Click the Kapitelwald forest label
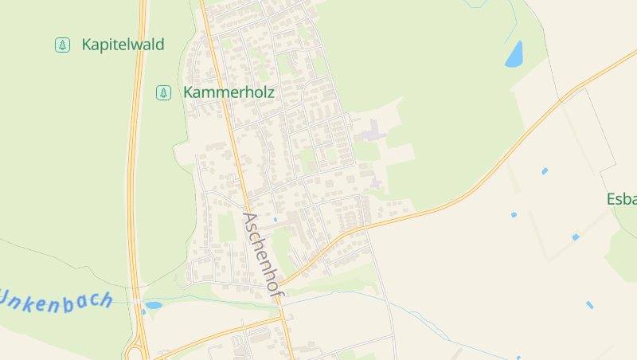pos(123,45)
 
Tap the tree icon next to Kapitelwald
pos(62,45)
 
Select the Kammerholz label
pos(229,92)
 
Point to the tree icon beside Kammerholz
pos(163,92)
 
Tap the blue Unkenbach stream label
pos(56,299)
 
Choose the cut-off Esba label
pos(622,199)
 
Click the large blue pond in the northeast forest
pos(514,54)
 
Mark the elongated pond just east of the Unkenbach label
pos(153,304)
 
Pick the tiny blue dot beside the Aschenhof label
pos(275,219)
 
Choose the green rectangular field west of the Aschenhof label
pos(227,228)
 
